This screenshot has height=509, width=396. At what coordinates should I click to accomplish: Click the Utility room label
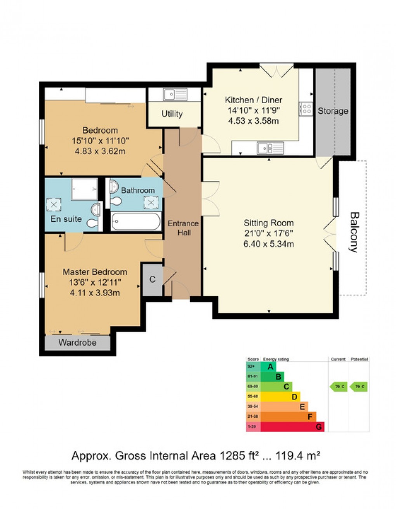172,114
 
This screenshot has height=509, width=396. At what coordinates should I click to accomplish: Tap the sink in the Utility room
175,94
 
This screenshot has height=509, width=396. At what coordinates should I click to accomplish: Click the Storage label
333,111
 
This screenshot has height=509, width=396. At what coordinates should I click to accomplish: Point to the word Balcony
354,232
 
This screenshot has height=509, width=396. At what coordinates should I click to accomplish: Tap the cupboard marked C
153,280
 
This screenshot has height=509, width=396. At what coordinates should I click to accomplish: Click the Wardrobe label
78,342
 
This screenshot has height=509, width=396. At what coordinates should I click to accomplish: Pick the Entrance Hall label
183,228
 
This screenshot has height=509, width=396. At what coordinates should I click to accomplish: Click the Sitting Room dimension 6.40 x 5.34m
268,244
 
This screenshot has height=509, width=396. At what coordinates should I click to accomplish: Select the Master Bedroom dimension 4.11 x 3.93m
94,293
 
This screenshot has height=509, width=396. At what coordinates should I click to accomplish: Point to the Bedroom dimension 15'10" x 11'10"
100,141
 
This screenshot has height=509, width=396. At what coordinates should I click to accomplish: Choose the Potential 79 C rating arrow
359,386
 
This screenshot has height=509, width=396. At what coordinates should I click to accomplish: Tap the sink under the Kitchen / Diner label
270,148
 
